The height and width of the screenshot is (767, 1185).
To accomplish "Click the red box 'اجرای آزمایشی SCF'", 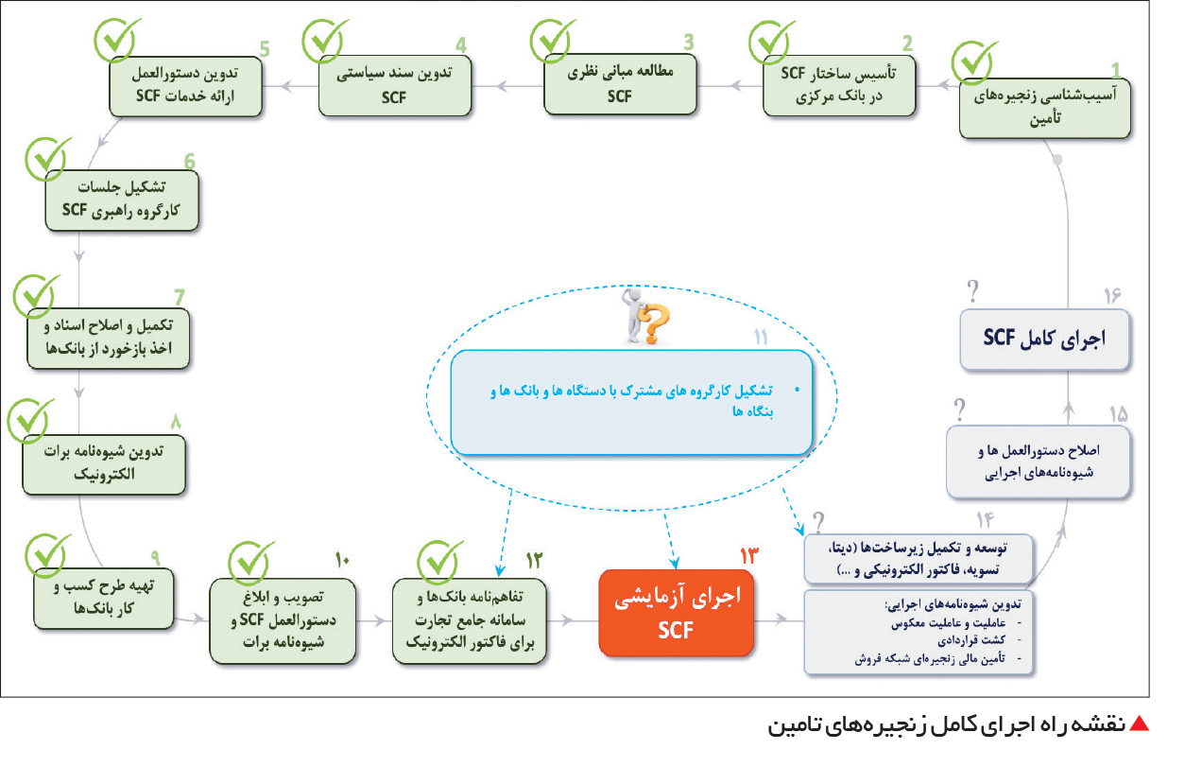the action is pyautogui.click(x=676, y=613).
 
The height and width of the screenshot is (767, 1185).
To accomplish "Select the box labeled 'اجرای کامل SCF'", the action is pyautogui.click(x=1044, y=340).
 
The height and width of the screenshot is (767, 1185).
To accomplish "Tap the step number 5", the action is pyautogui.click(x=265, y=49).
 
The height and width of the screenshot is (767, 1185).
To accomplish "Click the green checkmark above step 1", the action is pyautogui.click(x=973, y=61).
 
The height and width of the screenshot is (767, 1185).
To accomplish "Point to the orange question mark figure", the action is pyautogui.click(x=645, y=316).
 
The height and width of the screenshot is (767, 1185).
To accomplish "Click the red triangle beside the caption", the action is pyautogui.click(x=1139, y=723).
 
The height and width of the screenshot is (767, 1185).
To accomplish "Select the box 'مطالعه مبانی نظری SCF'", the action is pyautogui.click(x=620, y=84).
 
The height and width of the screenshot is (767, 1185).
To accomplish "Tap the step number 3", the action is pyautogui.click(x=688, y=42).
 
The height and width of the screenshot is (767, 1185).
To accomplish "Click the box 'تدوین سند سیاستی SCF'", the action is pyautogui.click(x=395, y=85).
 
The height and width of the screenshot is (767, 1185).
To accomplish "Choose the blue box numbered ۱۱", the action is pyautogui.click(x=631, y=402).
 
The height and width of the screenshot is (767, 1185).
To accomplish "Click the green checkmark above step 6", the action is pyautogui.click(x=47, y=158).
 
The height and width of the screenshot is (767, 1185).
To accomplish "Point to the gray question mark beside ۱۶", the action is pyautogui.click(x=972, y=290).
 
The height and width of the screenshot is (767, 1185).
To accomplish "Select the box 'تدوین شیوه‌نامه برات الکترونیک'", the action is pyautogui.click(x=104, y=464).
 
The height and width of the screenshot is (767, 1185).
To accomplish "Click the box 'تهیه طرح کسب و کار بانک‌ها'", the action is pyautogui.click(x=104, y=599).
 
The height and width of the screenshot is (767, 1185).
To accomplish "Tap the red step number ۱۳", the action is pyautogui.click(x=748, y=556).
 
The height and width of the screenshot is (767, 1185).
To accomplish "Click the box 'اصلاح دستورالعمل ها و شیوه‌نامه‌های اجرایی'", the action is pyautogui.click(x=1038, y=462).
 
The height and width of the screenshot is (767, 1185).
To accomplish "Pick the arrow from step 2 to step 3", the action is pyautogui.click(x=730, y=85).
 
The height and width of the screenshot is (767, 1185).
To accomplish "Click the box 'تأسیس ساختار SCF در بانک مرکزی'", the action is pyautogui.click(x=839, y=85).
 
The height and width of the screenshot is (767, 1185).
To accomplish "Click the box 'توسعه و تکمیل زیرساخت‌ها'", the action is pyautogui.click(x=919, y=559).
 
